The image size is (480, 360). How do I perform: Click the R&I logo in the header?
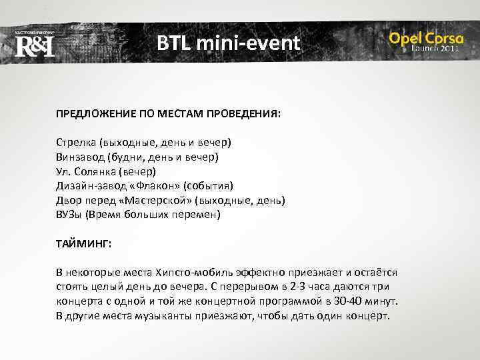pos(34,45)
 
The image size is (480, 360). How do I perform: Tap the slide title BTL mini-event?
pos(229,44)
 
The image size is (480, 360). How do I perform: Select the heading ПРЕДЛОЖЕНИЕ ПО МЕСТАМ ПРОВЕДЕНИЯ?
pos(168,114)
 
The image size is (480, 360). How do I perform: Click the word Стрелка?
pos(75,143)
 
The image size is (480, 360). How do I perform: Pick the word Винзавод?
pos(79,157)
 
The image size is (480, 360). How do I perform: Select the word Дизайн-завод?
pos(85,186)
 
